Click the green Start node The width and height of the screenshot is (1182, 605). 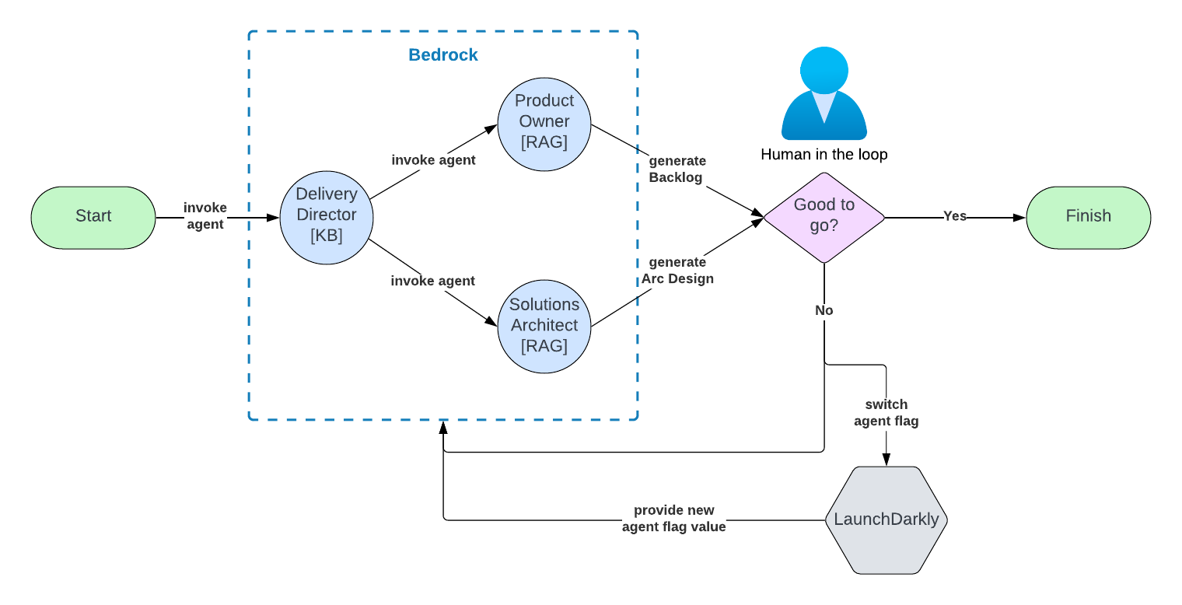93,217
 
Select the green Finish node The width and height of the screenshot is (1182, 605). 1088,217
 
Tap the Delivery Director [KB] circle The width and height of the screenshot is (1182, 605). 326,215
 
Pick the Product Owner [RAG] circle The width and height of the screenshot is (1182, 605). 544,122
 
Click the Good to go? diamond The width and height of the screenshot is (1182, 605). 824,217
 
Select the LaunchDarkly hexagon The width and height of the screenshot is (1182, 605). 886,519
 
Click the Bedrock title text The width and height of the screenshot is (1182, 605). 443,55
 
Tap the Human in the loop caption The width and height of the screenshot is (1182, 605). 824,155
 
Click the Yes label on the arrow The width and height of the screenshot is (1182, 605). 954,216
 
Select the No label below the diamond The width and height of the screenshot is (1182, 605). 824,310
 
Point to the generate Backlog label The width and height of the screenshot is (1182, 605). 677,170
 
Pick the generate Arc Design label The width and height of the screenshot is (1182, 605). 677,271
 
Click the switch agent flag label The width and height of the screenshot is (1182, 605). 886,413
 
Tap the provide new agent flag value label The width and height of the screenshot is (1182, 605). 673,519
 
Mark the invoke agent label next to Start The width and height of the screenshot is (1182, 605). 205,215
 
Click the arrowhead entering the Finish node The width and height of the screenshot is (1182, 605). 1019,218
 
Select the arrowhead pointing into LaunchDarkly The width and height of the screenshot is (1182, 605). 886,460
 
